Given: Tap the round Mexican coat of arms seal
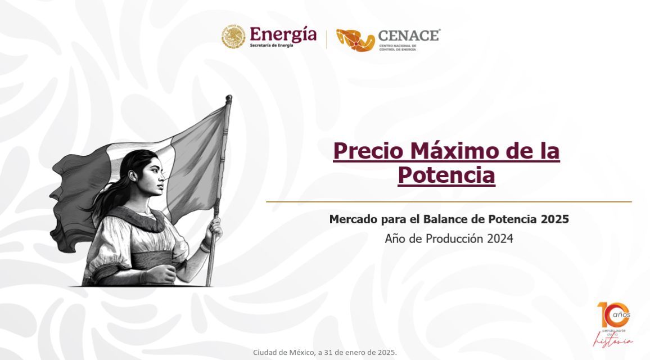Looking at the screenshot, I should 233,37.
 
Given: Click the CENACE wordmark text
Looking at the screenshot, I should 409,35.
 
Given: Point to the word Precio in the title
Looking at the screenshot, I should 368,151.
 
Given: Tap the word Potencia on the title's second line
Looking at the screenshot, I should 446,175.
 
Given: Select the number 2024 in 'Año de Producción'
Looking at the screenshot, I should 500,238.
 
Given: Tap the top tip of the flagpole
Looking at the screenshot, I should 229,98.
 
